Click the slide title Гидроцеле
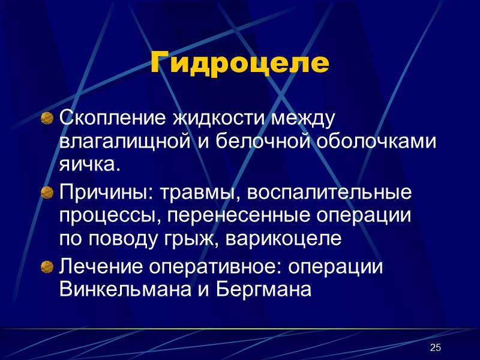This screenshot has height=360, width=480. [x=240, y=63]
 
